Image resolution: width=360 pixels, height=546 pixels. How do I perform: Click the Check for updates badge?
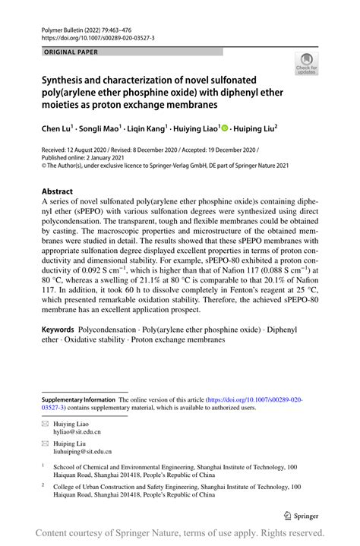point(306,63)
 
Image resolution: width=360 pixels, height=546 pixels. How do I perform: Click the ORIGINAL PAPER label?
point(71,52)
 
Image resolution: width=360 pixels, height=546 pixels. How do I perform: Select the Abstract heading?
point(57,191)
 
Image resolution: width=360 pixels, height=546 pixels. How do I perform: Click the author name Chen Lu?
point(58,130)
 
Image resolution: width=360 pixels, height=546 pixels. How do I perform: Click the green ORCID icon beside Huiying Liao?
point(226,130)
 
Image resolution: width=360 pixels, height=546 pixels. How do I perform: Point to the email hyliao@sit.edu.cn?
point(81,431)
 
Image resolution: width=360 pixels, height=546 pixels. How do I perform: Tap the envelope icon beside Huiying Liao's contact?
point(45,421)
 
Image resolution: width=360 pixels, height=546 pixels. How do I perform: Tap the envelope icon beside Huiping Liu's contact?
point(45,441)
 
